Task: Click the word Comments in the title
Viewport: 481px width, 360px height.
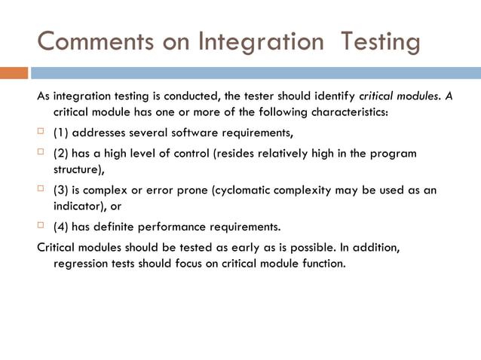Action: (x=85, y=41)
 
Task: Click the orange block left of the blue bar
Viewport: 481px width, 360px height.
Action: (x=14, y=73)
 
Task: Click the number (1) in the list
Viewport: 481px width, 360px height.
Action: (x=60, y=134)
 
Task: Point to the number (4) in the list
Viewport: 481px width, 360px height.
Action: (x=60, y=227)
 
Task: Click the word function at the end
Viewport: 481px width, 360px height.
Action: (x=323, y=264)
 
